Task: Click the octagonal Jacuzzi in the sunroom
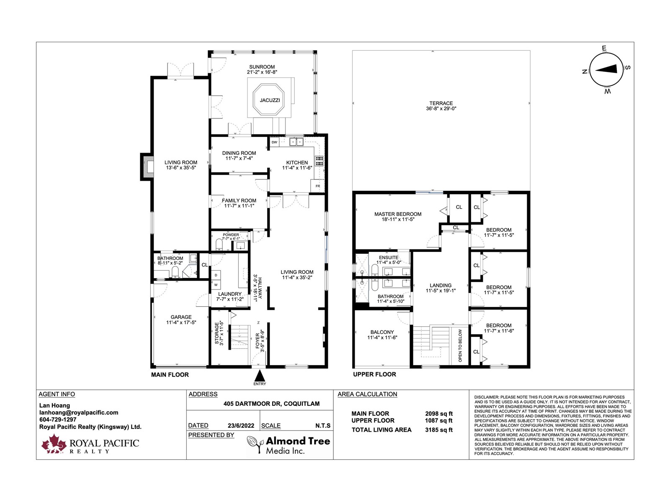pyautogui.click(x=268, y=100)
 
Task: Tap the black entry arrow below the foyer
pyautogui.click(x=260, y=375)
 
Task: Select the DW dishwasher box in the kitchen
pyautogui.click(x=274, y=142)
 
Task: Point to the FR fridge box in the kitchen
pyautogui.click(x=317, y=186)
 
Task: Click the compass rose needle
pyautogui.click(x=606, y=69)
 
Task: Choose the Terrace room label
pyautogui.click(x=441, y=103)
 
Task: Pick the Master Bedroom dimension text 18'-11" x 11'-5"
pyautogui.click(x=398, y=220)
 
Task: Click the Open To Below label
pyautogui.click(x=460, y=346)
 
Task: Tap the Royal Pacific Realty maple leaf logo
pyautogui.click(x=54, y=443)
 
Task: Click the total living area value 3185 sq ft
pyautogui.click(x=439, y=430)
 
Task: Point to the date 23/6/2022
pyautogui.click(x=241, y=426)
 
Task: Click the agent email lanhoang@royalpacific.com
pyautogui.click(x=79, y=413)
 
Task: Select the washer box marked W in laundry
pyautogui.click(x=216, y=285)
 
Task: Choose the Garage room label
pyautogui.click(x=181, y=317)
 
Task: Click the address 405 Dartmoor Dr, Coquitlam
pyautogui.click(x=271, y=404)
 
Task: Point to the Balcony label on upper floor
pyautogui.click(x=382, y=332)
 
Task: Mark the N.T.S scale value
pyautogui.click(x=323, y=426)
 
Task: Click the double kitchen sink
pyautogui.click(x=296, y=142)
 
